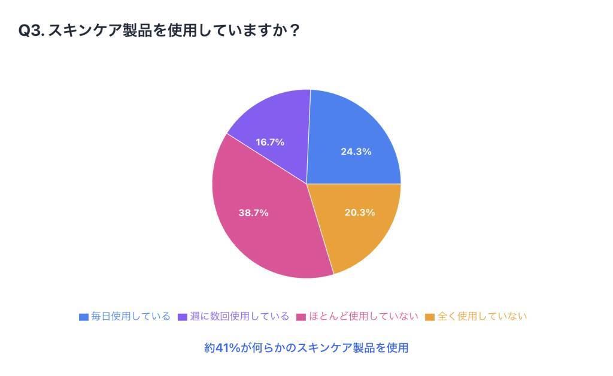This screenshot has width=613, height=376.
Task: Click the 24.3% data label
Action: point(356,151)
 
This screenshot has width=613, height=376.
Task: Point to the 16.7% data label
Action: point(270,142)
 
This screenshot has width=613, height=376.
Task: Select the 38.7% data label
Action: point(253,213)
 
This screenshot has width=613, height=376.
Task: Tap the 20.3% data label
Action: point(360,213)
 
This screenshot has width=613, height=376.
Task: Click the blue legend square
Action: point(84,317)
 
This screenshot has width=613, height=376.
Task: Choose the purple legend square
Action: point(183,317)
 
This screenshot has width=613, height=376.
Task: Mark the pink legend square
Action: point(301,317)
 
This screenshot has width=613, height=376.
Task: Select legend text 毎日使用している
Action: point(131,316)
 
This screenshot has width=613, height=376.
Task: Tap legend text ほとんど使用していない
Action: point(363,316)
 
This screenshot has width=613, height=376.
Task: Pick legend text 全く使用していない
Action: point(482,316)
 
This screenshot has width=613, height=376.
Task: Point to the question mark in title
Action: point(293,31)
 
